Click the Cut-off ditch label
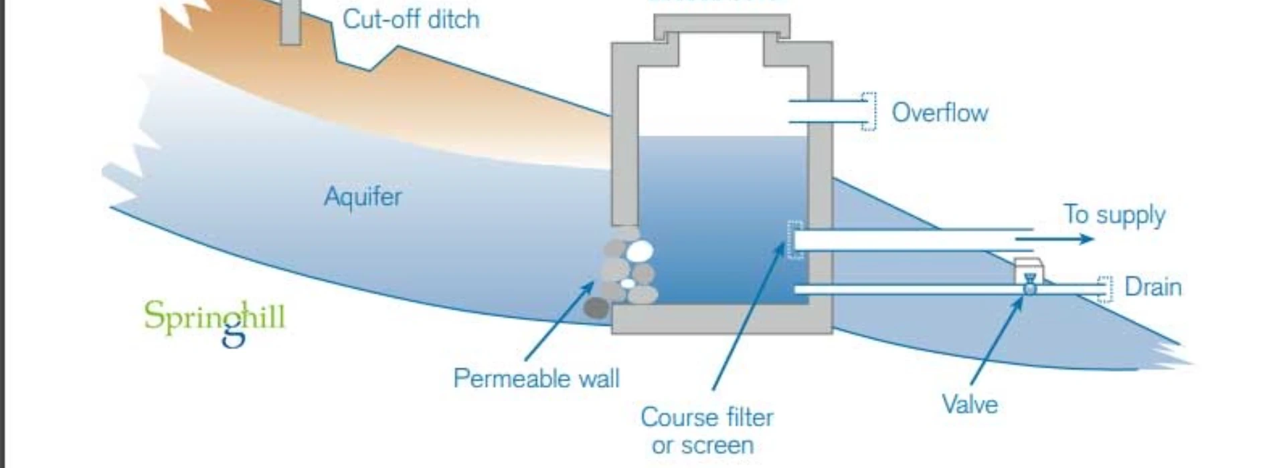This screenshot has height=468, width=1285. [x=411, y=19]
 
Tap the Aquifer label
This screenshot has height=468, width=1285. [x=363, y=197]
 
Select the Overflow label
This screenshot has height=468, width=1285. [x=940, y=112]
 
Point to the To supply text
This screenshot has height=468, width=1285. [x=1114, y=215]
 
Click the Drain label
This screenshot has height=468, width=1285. [x=1152, y=287]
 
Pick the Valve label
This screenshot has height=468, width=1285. [x=969, y=404]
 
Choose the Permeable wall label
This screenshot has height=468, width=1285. [x=536, y=378]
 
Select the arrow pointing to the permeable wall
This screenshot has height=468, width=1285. [x=560, y=320]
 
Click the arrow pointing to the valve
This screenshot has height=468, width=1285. [x=997, y=341]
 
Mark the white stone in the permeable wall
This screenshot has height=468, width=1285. [x=639, y=251]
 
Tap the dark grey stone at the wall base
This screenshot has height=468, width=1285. [x=596, y=308]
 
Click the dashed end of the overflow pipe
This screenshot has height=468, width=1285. [x=868, y=111]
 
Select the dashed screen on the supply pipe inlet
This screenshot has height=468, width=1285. [x=794, y=239]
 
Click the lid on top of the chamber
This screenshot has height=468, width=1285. [x=721, y=26]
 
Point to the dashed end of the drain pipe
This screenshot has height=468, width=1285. [x=1104, y=289]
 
